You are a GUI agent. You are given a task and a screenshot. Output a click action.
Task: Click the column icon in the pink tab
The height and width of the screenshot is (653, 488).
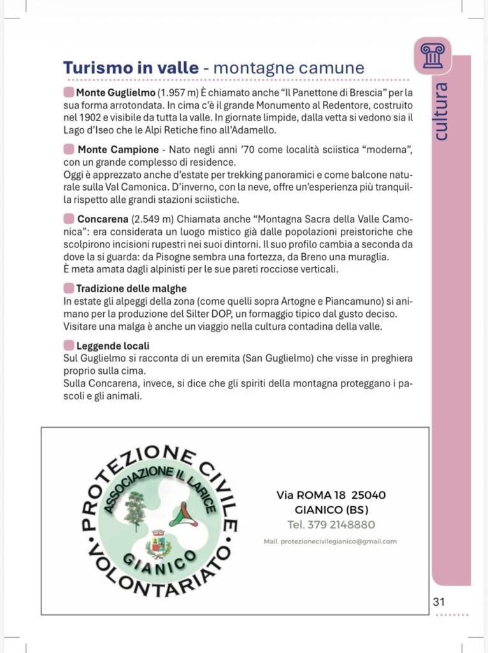pyautogui.click(x=433, y=55)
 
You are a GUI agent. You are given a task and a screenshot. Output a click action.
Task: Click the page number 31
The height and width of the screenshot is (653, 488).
pyautogui.click(x=439, y=601)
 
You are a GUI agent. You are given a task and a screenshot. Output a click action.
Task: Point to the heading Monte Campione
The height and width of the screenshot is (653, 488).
pyautogui.click(x=118, y=149)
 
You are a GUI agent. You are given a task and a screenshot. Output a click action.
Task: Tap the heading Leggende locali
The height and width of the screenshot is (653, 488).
pyautogui.click(x=113, y=346)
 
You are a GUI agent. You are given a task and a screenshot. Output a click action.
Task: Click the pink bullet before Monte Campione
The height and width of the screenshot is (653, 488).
pyautogui.click(x=69, y=149)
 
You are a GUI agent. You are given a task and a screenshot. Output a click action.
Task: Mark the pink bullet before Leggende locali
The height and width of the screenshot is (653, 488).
pyautogui.click(x=69, y=346)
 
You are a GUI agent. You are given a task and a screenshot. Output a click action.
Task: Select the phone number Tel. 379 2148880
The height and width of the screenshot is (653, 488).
pyautogui.click(x=331, y=525)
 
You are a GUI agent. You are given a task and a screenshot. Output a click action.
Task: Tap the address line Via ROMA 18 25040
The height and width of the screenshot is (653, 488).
pyautogui.click(x=331, y=495)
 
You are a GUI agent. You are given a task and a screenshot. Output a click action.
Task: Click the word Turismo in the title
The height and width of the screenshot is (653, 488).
pyautogui.click(x=96, y=68)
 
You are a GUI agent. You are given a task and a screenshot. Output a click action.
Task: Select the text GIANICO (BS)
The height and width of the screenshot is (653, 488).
pyautogui.click(x=331, y=510)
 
